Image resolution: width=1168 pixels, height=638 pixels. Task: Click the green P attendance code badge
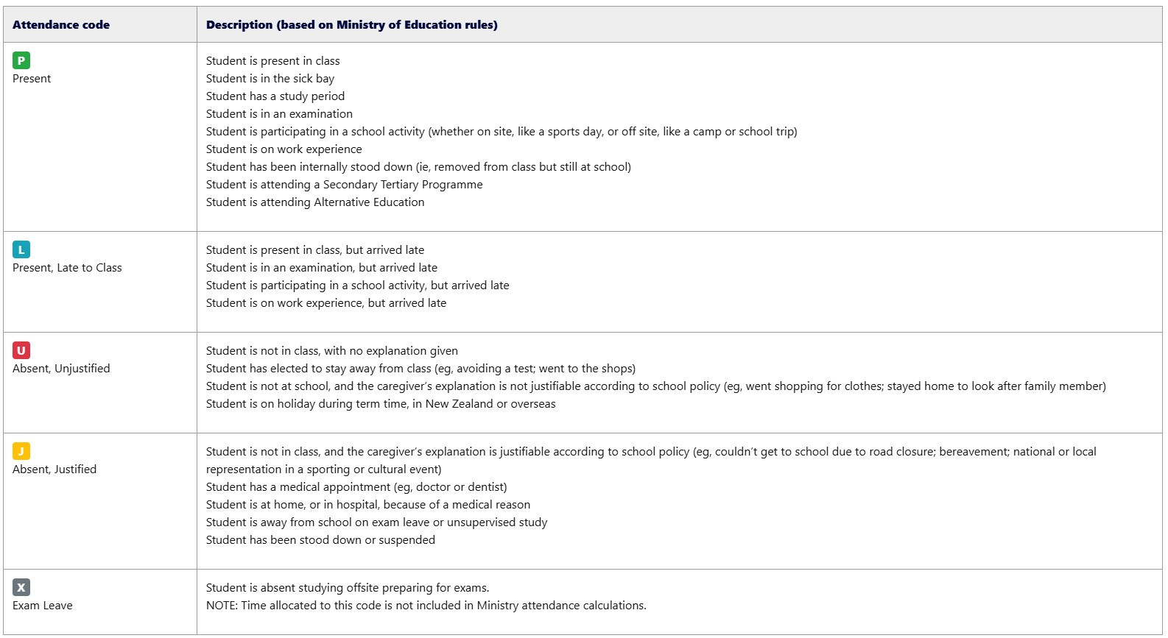point(21,60)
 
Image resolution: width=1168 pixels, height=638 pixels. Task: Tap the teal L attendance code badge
point(21,249)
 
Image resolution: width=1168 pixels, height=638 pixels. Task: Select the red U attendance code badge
point(21,350)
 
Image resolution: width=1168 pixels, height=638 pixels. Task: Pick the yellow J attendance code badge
point(21,451)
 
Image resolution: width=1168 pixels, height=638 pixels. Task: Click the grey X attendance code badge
point(21,587)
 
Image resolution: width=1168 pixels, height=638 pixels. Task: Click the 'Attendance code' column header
point(61,25)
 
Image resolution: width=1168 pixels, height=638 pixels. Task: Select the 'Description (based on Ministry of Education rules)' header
point(351,25)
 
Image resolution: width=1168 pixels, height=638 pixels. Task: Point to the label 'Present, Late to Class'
point(67,268)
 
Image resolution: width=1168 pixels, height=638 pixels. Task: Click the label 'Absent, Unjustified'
point(61,369)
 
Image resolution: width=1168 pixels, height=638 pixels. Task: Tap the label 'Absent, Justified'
point(54,469)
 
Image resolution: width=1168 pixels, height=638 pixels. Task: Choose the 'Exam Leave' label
point(43,606)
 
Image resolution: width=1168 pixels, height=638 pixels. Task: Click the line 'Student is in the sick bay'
point(270,79)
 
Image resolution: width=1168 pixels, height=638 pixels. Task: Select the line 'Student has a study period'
point(275,96)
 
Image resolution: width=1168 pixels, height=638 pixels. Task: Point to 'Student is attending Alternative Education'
point(315,202)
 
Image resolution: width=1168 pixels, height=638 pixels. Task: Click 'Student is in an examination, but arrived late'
point(322,268)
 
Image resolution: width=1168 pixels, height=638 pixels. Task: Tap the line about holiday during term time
point(381,404)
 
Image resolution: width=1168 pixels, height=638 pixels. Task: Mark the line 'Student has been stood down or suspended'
point(320,540)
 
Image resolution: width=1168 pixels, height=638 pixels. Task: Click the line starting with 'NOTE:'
point(426,606)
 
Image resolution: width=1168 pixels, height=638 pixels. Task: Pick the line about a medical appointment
point(356,487)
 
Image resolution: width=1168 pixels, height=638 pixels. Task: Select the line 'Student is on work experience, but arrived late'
point(326,303)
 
